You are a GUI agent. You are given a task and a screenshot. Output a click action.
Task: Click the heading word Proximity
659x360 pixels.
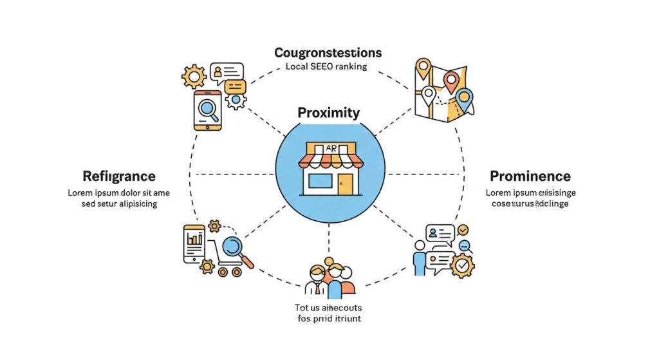tap(328, 113)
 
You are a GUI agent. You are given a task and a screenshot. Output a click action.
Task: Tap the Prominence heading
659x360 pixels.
tap(530, 176)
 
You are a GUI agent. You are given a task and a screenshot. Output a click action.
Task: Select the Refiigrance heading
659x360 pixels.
tap(119, 176)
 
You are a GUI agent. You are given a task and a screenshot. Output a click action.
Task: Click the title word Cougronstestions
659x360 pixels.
tap(328, 52)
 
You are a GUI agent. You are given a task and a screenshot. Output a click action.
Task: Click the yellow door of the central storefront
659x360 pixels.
tap(345, 183)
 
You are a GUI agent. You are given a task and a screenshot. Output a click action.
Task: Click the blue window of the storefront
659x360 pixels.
tap(320, 181)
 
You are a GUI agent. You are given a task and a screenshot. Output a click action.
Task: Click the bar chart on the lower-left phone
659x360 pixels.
tap(194, 238)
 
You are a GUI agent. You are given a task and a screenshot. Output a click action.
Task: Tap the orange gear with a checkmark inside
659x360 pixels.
tap(461, 265)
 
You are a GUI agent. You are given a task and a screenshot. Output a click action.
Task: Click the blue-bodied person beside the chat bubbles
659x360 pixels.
tap(420, 258)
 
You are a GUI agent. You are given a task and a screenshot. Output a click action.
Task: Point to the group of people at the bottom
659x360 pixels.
tap(330, 279)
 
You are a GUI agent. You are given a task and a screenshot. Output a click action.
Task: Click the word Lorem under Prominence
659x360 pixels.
tap(499, 193)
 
